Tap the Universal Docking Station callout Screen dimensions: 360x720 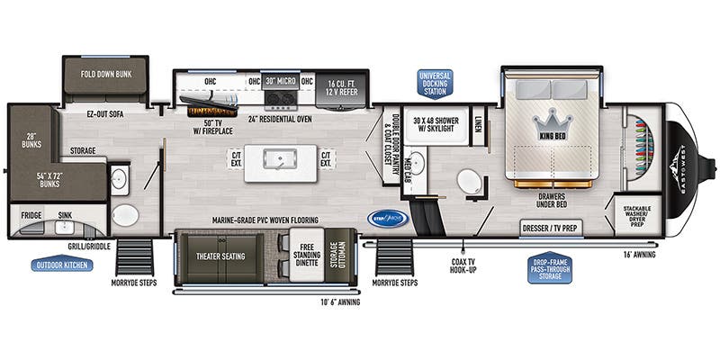coord(435,82)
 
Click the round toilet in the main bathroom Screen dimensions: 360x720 coord(469,182)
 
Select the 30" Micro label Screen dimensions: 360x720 coord(280,81)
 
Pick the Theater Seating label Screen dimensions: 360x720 coord(220,256)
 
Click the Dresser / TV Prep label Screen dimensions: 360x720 coord(549,229)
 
